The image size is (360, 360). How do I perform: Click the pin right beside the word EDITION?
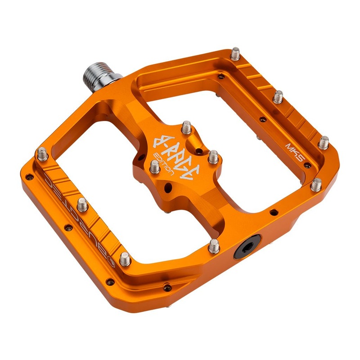coord(154,167)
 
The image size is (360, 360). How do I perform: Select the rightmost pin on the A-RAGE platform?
coord(213,157)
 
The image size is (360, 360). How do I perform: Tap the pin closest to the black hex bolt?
coord(214,245)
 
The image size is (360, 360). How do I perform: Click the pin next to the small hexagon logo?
coord(125,259)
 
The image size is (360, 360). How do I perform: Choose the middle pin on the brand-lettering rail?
coord(82,206)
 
